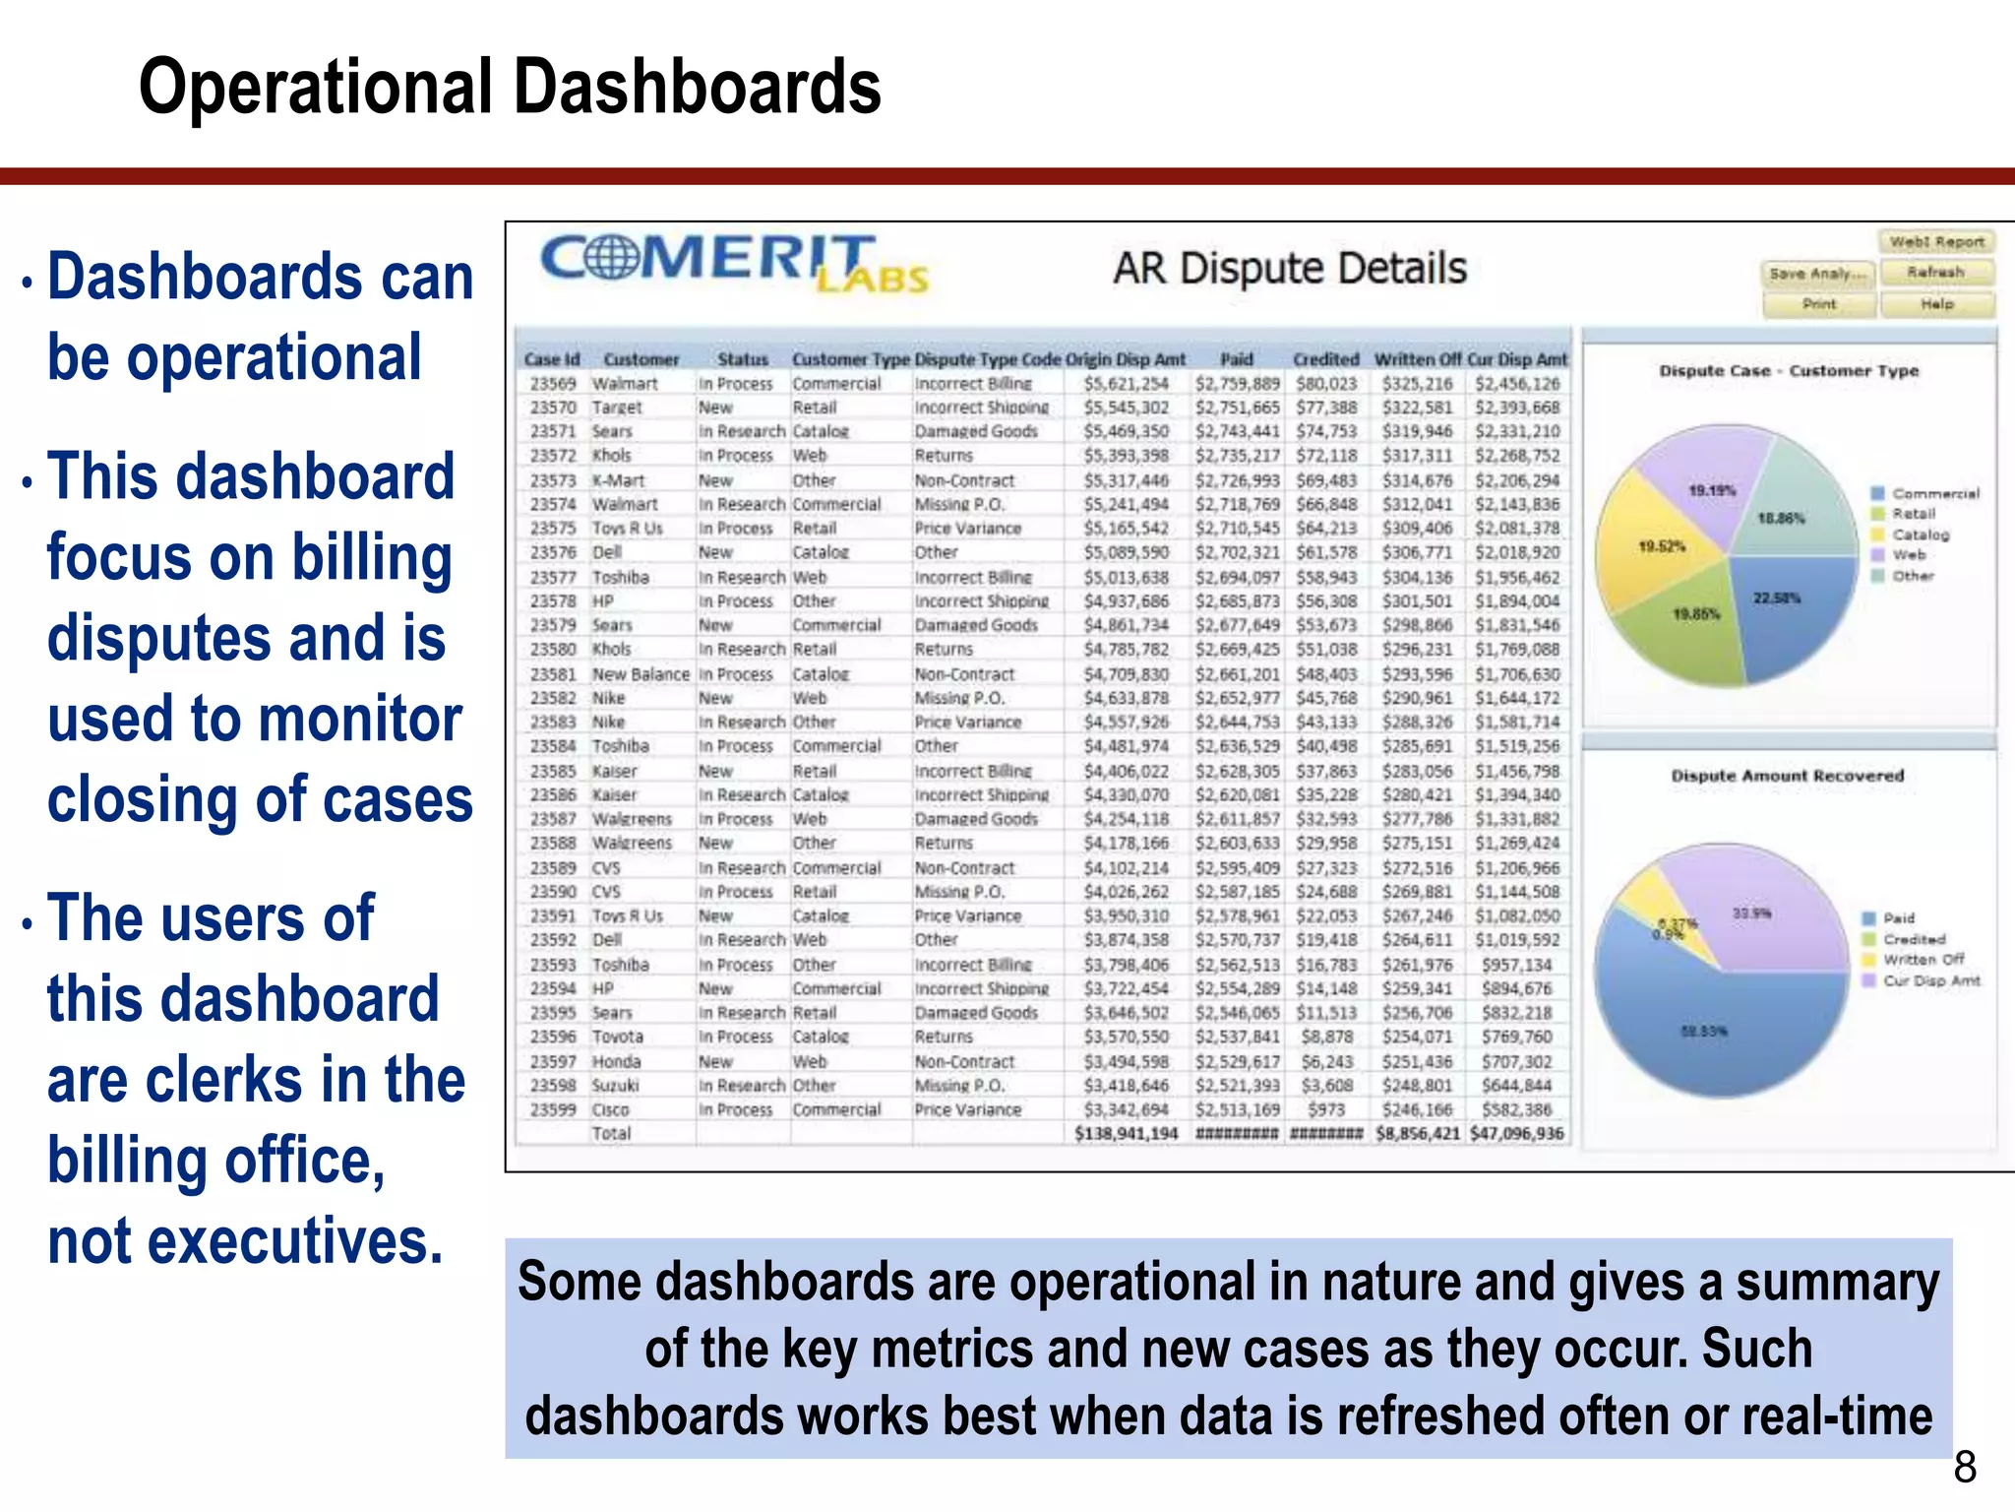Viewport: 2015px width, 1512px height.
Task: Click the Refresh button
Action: (1935, 273)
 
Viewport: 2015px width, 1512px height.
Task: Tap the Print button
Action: (1819, 304)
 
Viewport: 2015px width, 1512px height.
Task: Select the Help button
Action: (1936, 304)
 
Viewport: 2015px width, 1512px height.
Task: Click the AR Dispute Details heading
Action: (1289, 269)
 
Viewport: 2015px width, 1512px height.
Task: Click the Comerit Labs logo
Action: (733, 264)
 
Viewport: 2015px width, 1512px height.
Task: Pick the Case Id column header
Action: (552, 359)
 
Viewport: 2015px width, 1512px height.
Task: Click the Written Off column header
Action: (1417, 359)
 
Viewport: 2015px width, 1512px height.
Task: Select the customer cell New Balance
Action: (641, 674)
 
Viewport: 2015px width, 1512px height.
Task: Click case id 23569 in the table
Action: (552, 384)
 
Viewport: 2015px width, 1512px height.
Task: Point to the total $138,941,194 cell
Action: (1126, 1134)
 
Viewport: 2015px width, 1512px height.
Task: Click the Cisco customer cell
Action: (610, 1109)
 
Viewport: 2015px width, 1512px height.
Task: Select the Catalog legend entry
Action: (1920, 535)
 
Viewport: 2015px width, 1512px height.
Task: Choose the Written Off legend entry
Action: (1923, 959)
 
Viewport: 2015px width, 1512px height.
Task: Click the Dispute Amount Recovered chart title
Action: (1787, 776)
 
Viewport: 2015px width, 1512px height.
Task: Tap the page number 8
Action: (1965, 1468)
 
